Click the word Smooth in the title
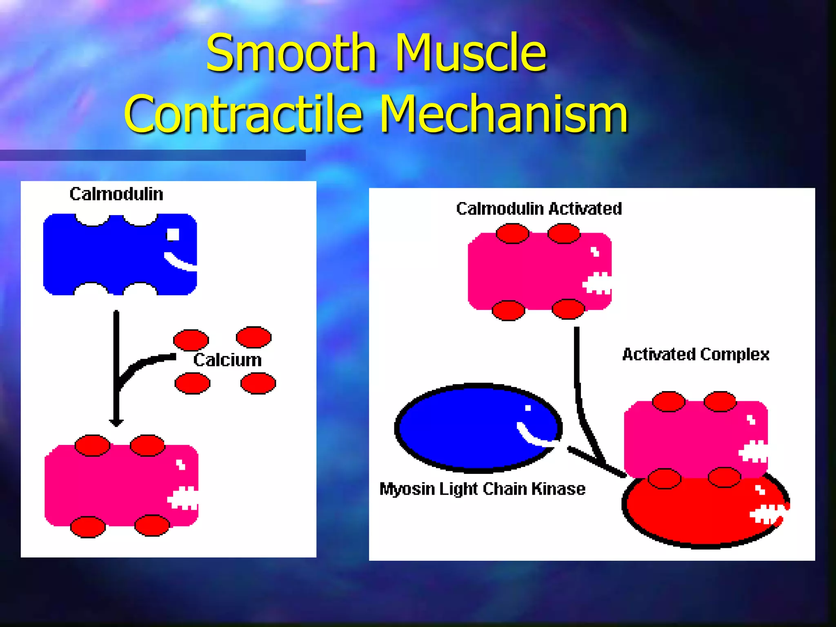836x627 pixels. coord(291,53)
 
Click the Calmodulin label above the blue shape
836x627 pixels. coord(116,194)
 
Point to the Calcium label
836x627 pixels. coord(227,360)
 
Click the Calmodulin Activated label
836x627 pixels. coord(539,209)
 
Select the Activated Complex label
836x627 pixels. coord(696,354)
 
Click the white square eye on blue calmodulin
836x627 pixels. coord(173,235)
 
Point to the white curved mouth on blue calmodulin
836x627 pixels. coord(180,263)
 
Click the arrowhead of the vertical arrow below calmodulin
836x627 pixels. coord(116,422)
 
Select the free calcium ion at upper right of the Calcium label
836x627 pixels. coord(253,337)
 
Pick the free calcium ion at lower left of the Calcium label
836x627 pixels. coord(192,383)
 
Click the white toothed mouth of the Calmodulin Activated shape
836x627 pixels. coord(597,283)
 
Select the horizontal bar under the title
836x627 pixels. coord(153,155)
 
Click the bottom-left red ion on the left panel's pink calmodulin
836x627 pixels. coord(88,527)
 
